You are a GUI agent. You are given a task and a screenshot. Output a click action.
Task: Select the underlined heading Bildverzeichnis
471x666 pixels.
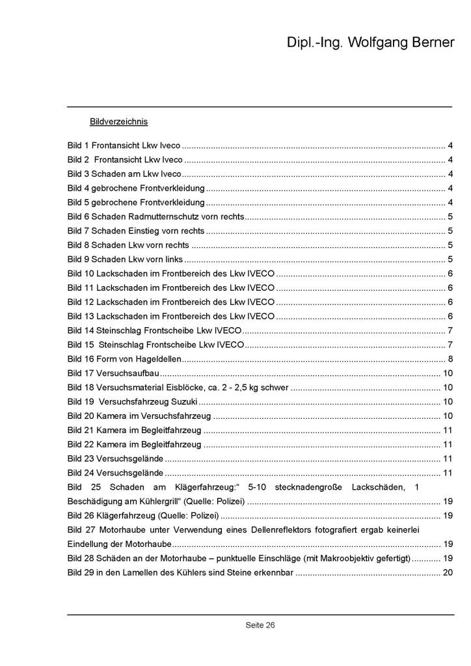click(x=119, y=122)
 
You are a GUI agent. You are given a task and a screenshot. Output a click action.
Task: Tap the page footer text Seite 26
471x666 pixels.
click(x=260, y=625)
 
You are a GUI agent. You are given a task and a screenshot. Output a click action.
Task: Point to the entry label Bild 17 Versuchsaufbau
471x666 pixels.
click(x=113, y=373)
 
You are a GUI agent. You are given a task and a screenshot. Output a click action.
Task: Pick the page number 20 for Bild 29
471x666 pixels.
click(x=447, y=573)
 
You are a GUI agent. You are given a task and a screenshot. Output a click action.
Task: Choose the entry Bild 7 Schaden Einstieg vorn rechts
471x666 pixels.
click(x=136, y=231)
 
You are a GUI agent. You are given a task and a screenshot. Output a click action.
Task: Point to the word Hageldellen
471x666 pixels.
click(x=159, y=359)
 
